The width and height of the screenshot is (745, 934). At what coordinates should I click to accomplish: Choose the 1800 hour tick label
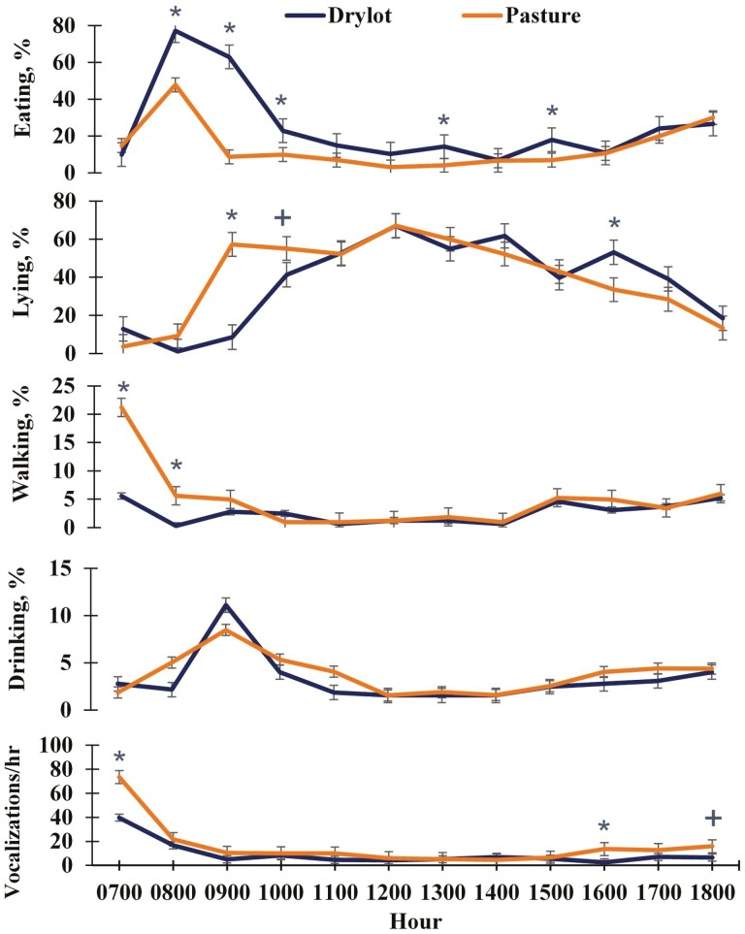pyautogui.click(x=712, y=890)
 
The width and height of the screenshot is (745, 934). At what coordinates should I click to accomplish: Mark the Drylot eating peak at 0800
pyautogui.click(x=176, y=30)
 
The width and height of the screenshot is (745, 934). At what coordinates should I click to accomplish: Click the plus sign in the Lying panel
pyautogui.click(x=282, y=218)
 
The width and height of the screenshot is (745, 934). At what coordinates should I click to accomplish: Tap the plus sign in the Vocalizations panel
pyautogui.click(x=713, y=819)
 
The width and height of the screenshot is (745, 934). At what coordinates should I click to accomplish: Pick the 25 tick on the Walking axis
pyautogui.click(x=78, y=385)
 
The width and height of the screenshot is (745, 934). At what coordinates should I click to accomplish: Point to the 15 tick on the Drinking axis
pyautogui.click(x=78, y=568)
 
